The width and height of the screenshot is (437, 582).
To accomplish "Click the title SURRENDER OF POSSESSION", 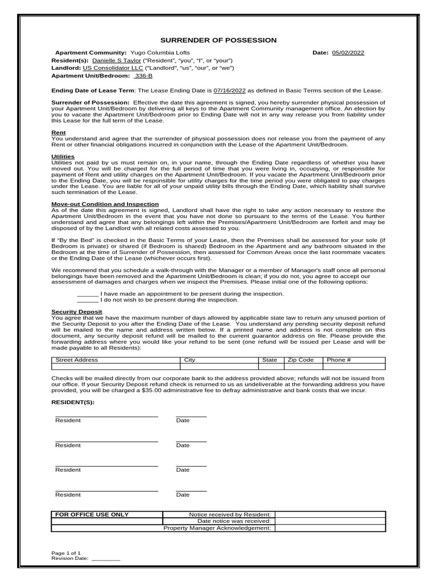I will coord(218,40).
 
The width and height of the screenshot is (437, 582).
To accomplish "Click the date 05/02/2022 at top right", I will coord(348,53).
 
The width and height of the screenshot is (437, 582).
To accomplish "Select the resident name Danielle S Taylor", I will coord(117,60).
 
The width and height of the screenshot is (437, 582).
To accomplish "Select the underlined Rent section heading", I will coord(59,132).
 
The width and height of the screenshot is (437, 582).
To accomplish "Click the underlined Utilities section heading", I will coord(63,156).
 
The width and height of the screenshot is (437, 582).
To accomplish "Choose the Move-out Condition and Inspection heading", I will coord(105,204).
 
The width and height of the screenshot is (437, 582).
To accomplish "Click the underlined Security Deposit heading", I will coord(77,311).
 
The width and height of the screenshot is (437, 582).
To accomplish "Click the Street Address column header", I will coord(76,360).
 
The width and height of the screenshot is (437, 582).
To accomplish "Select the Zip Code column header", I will coord(300,360).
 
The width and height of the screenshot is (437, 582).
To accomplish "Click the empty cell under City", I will coord(219,367).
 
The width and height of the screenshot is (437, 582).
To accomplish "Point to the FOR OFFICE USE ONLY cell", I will coord(92,514).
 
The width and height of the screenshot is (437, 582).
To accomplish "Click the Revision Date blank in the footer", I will coord(106,559).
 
